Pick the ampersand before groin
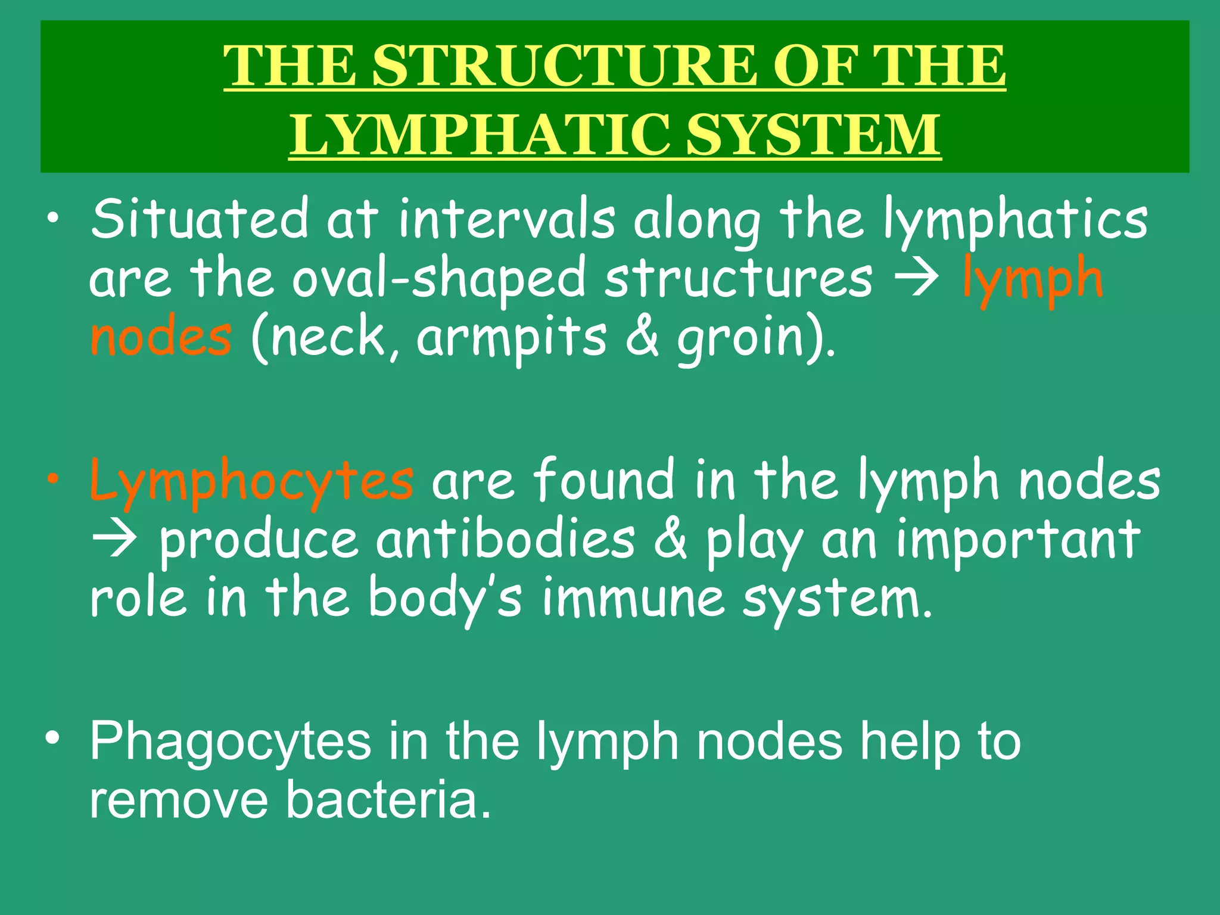(x=643, y=337)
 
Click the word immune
(x=633, y=598)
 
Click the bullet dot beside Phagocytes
(x=54, y=739)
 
